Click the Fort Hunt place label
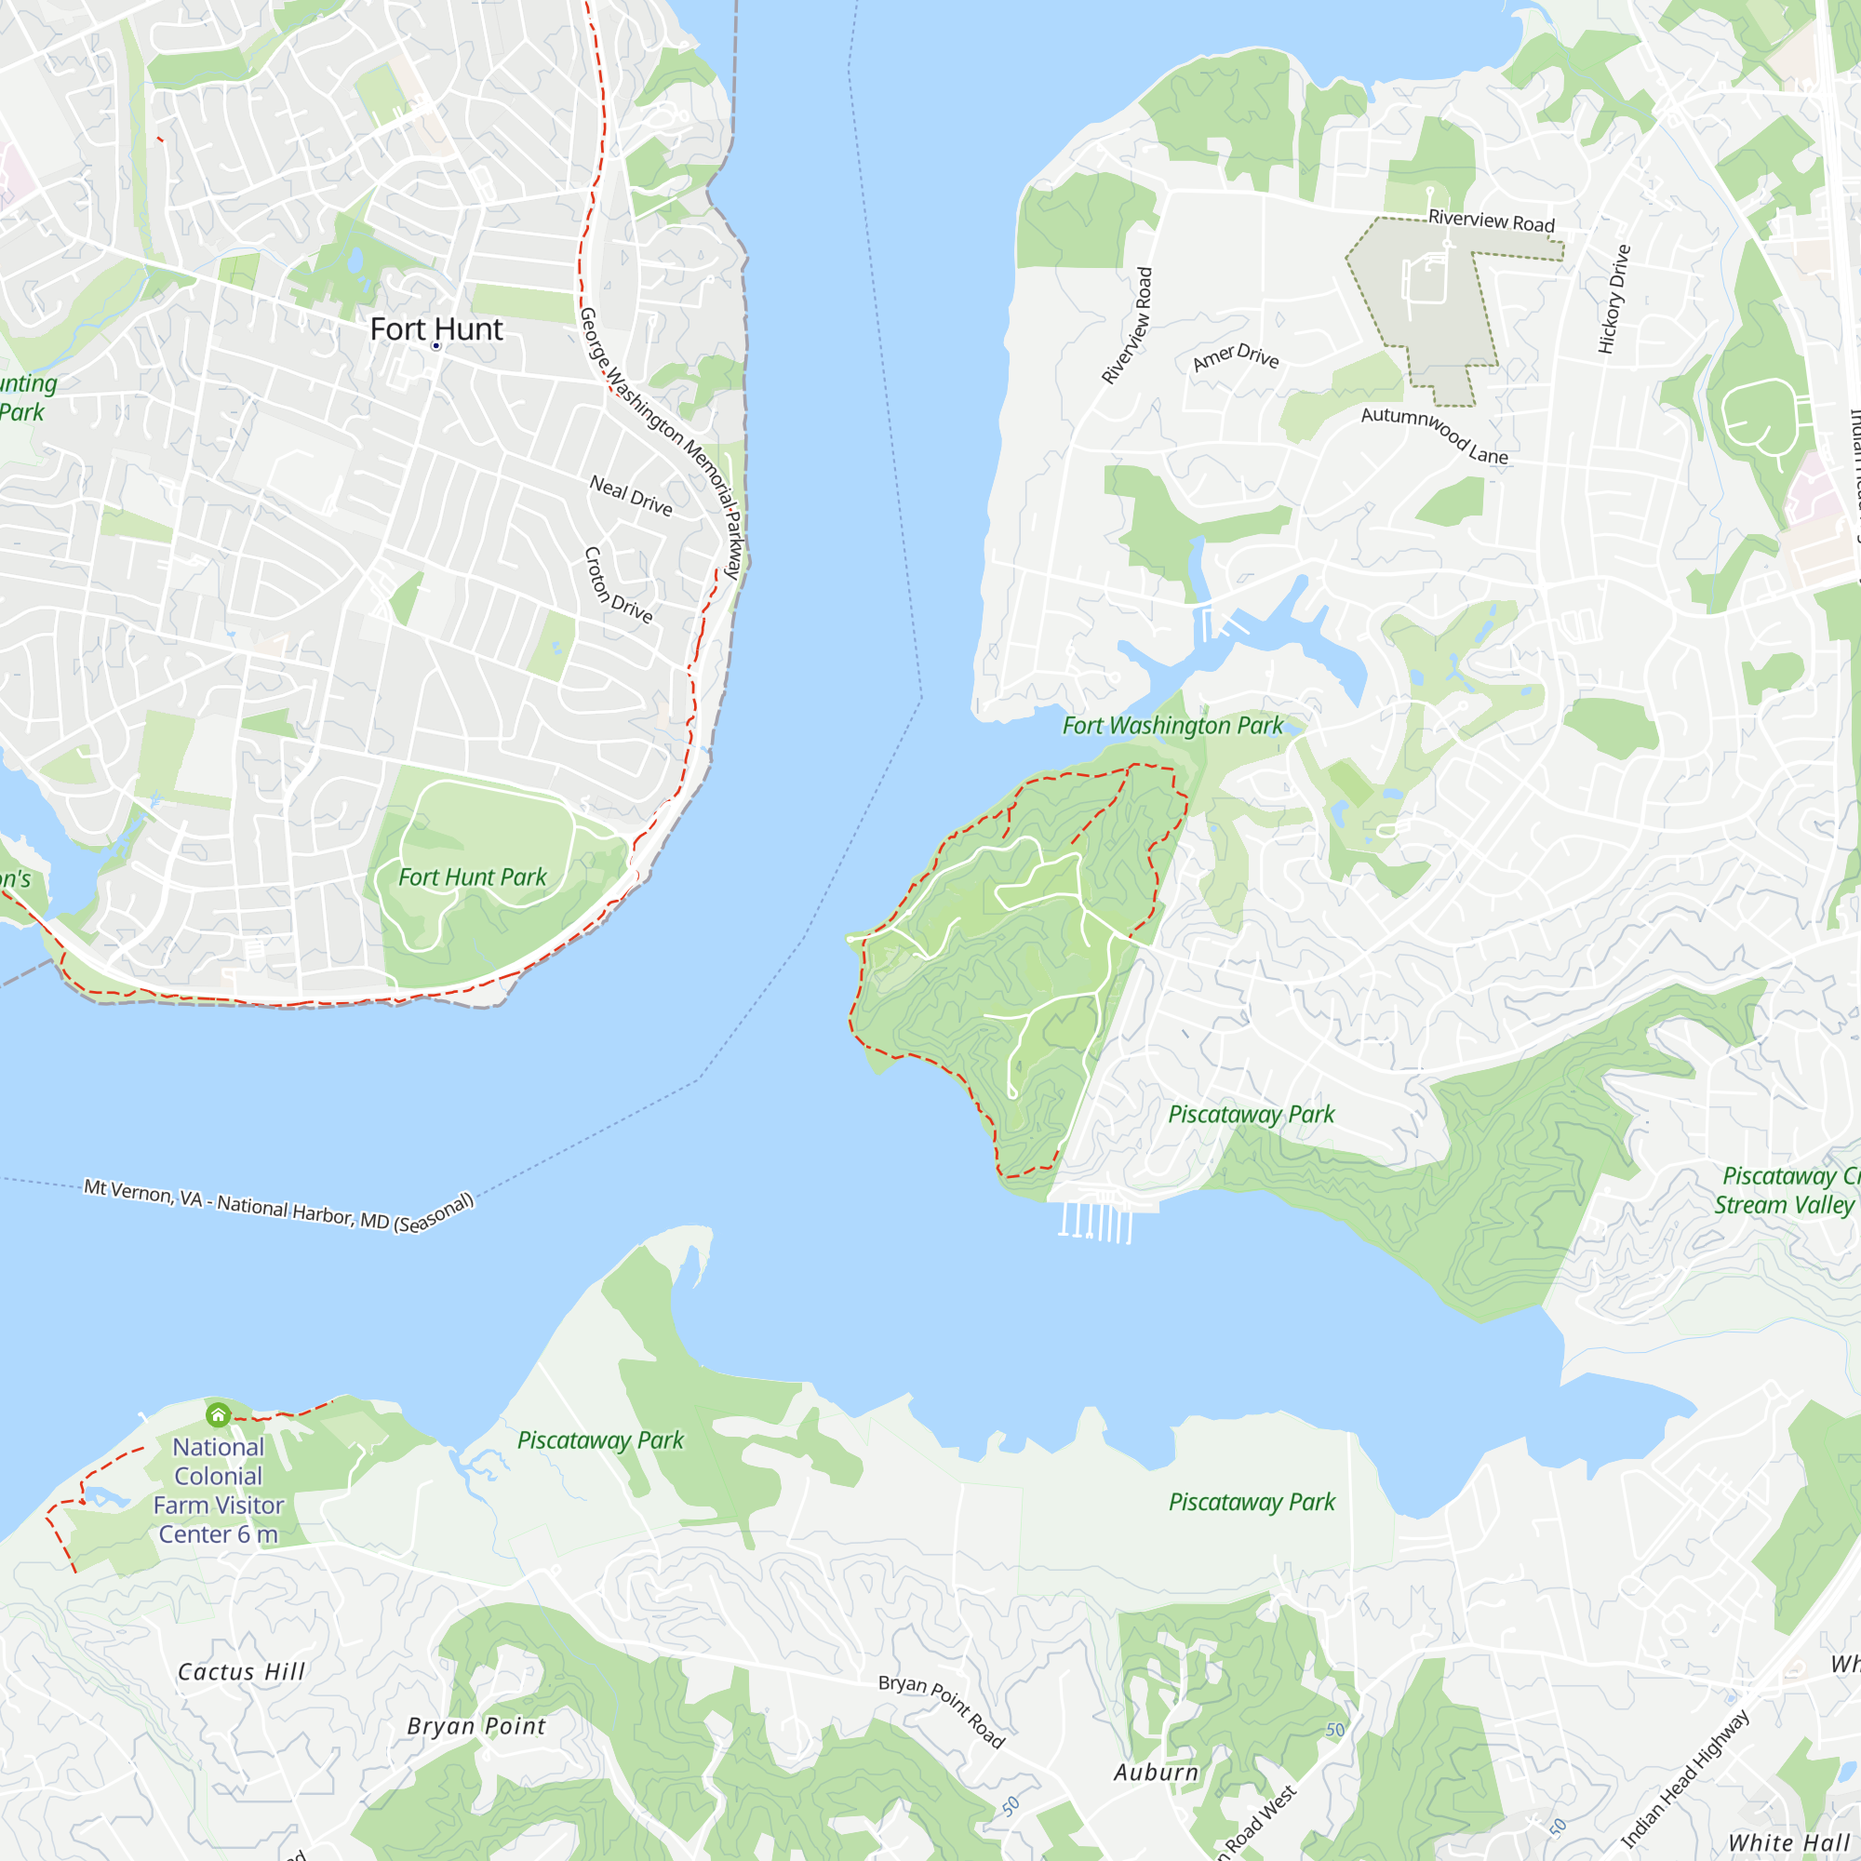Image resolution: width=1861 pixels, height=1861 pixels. click(436, 329)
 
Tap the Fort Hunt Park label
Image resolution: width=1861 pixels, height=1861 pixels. click(472, 877)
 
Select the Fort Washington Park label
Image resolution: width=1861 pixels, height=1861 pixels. click(1172, 726)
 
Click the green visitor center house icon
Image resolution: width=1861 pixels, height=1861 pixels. click(219, 1414)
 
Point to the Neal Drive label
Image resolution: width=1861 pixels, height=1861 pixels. click(631, 495)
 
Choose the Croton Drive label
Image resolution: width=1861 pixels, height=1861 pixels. click(618, 584)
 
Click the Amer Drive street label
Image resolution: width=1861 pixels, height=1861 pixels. click(1236, 356)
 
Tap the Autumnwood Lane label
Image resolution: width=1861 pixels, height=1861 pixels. click(1434, 435)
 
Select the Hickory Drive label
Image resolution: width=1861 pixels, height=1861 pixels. click(1614, 299)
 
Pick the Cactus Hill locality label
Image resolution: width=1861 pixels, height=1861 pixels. click(241, 1672)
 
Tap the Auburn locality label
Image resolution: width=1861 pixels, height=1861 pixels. click(1156, 1773)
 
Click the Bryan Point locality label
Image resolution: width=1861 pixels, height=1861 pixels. click(475, 1726)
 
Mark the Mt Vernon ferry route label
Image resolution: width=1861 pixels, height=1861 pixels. click(279, 1206)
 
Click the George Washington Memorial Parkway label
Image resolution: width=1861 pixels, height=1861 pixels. click(661, 442)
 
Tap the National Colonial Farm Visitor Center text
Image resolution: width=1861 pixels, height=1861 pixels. click(219, 1490)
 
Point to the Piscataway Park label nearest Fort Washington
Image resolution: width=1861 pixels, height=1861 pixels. click(1252, 1115)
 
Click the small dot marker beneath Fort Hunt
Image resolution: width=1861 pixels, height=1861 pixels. click(436, 346)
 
